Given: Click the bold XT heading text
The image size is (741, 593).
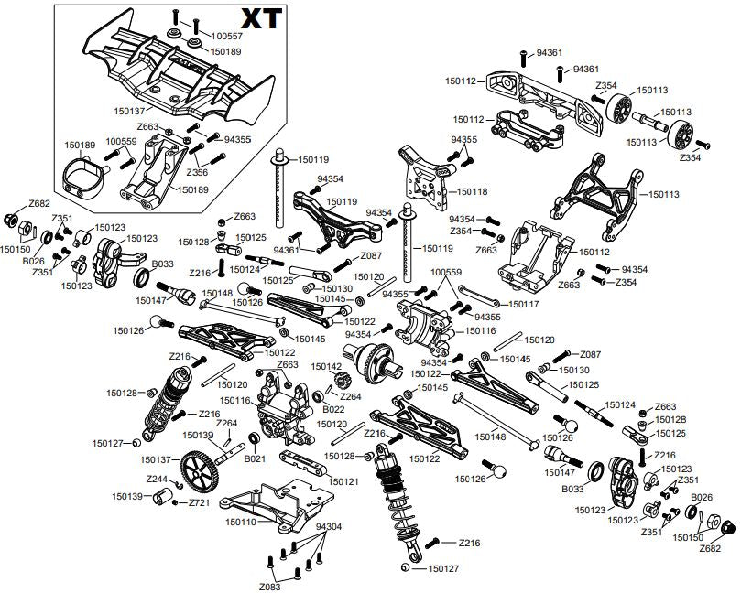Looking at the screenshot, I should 260,18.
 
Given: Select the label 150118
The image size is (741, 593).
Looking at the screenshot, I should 472,192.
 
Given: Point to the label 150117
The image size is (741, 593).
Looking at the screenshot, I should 523,304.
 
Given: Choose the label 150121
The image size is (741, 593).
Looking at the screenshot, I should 343,481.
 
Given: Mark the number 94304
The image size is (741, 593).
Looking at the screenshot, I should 328,527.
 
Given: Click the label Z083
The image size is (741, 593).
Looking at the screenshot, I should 268,586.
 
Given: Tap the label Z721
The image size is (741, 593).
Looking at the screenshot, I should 201,503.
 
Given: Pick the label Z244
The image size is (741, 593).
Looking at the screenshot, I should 156,479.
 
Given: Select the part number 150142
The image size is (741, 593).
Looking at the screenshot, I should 327,366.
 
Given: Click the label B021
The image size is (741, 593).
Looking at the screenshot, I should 254,459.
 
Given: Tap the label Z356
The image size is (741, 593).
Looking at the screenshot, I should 197,171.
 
